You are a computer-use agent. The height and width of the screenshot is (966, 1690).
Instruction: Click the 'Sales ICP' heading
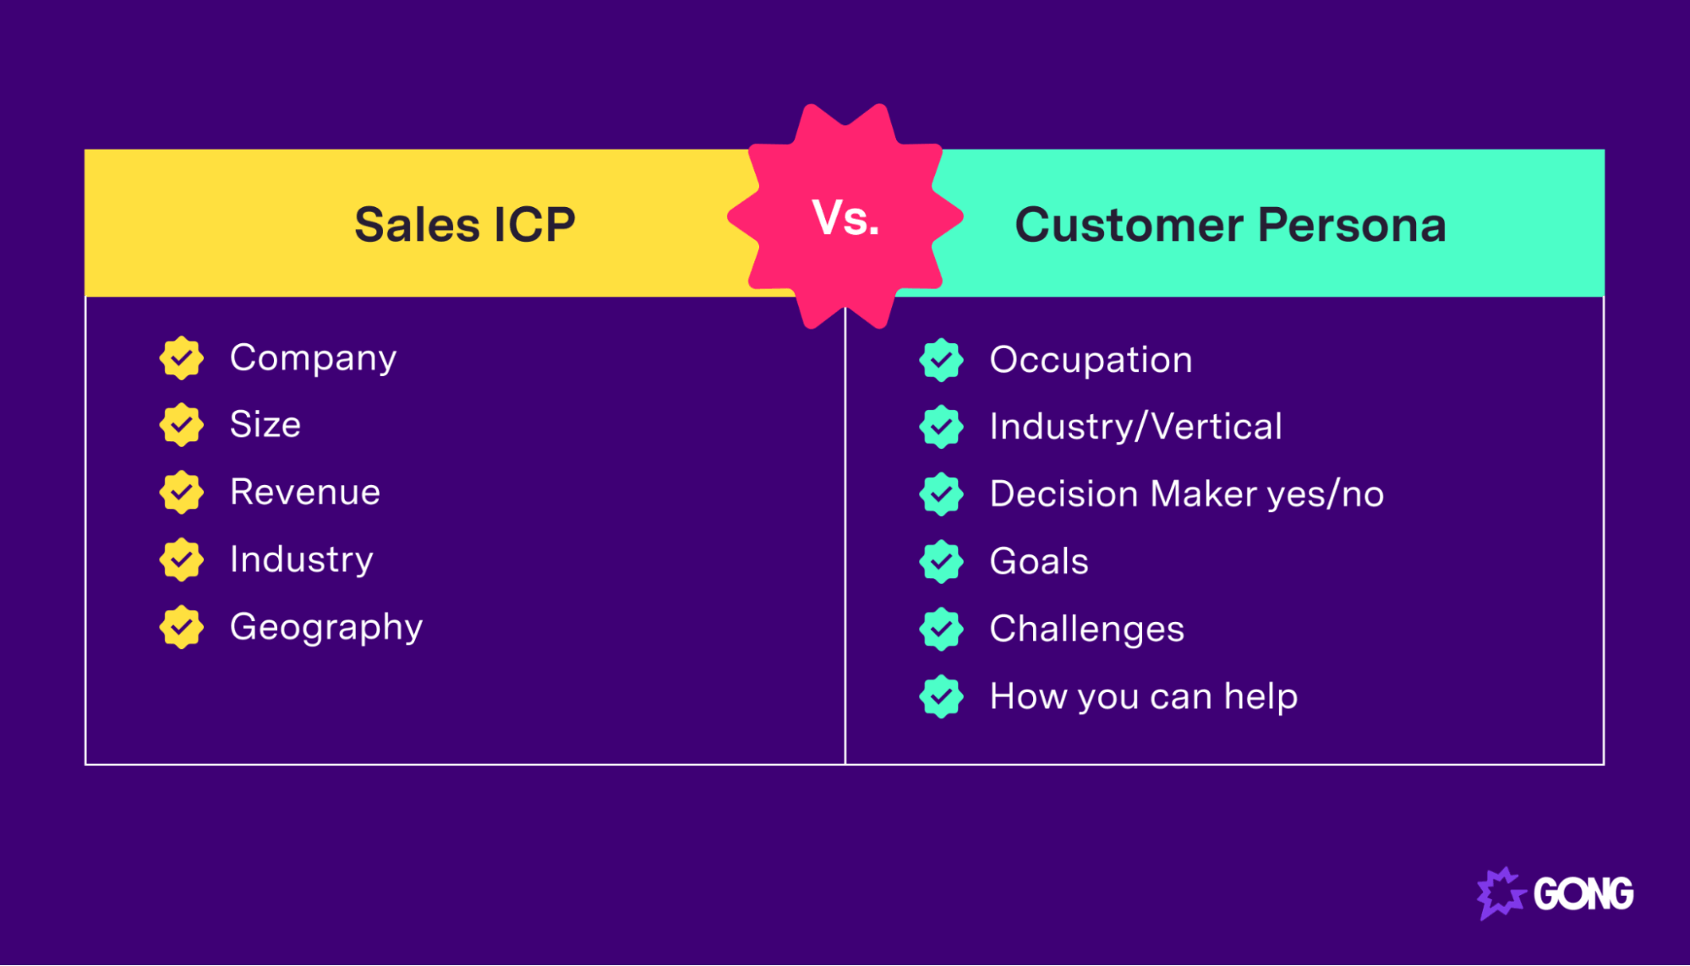tap(464, 225)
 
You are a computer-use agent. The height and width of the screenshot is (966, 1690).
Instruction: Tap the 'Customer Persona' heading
tap(1230, 225)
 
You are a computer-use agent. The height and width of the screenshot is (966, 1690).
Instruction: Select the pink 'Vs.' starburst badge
tap(845, 217)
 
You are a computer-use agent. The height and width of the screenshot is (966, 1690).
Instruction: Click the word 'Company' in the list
tap(313, 358)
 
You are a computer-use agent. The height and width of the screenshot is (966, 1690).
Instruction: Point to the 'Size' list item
tap(265, 424)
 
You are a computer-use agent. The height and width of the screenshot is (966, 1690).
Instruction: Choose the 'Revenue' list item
tap(305, 492)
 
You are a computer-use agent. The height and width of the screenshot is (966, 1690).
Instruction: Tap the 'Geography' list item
tap(325, 627)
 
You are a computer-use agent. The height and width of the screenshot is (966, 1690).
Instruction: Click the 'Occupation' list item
tap(1091, 360)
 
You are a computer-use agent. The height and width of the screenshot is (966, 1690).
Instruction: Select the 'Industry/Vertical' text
tap(1135, 427)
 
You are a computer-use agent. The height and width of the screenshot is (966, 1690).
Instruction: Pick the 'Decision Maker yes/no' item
tap(1186, 494)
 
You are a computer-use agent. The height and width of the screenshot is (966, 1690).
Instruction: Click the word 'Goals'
tap(1039, 562)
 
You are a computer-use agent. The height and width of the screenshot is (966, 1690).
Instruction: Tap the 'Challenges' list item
tap(1086, 630)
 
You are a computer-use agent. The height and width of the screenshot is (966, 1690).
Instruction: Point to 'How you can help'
tap(1143, 697)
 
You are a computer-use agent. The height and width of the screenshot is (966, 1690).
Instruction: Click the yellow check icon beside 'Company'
tap(182, 358)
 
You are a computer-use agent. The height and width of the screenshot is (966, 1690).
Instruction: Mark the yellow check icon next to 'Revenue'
tap(182, 493)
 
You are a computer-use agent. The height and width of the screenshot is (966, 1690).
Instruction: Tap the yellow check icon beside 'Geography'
tap(182, 627)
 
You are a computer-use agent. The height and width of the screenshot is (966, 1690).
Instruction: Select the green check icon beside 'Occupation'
tap(941, 361)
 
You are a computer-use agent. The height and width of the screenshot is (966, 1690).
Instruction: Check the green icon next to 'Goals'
tap(941, 562)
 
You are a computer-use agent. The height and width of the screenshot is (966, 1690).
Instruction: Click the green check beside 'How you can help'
tap(941, 697)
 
